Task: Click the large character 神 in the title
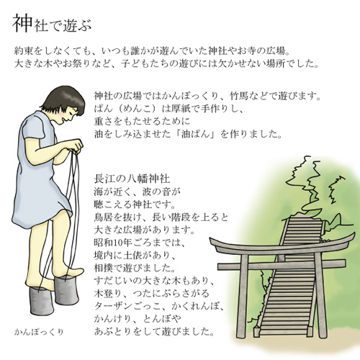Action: click(x=22, y=23)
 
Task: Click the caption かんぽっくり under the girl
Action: click(x=39, y=332)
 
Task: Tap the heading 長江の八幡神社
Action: click(x=132, y=179)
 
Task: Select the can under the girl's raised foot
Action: click(x=67, y=290)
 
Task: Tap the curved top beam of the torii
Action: click(x=282, y=245)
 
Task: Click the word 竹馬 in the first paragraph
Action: click(x=239, y=96)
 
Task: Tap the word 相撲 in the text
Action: click(x=104, y=269)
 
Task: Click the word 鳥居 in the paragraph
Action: click(x=104, y=217)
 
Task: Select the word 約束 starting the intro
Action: click(x=24, y=51)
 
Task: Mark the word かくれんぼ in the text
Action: click(x=195, y=306)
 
